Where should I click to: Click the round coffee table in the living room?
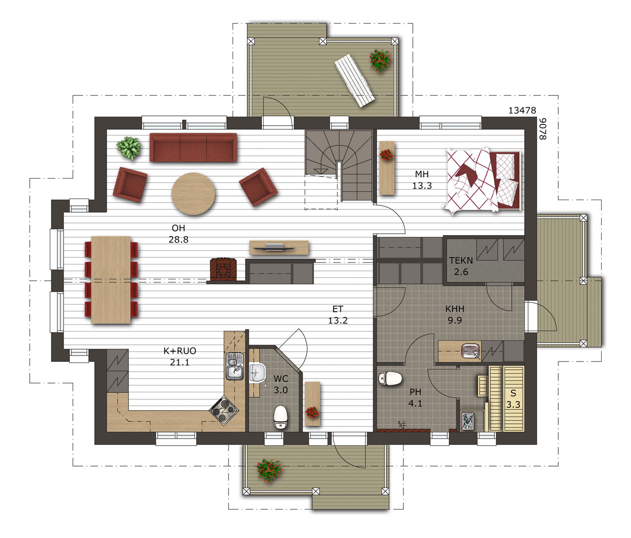click(x=193, y=194)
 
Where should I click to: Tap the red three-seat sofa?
click(x=193, y=147)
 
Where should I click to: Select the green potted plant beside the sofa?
click(x=129, y=148)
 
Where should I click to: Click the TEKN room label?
click(x=461, y=260)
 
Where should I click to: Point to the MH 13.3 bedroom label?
click(x=422, y=180)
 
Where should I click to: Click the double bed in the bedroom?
click(x=483, y=180)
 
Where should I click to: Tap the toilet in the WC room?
click(x=280, y=417)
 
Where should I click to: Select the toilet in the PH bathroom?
click(x=390, y=379)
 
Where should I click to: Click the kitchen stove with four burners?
click(x=224, y=410)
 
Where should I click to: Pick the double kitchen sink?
click(x=235, y=366)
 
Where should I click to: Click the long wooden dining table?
click(x=111, y=280)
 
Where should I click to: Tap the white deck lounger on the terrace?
click(x=355, y=80)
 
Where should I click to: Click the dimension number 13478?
click(x=522, y=111)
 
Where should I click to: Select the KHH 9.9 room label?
click(x=455, y=314)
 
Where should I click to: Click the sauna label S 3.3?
click(x=513, y=399)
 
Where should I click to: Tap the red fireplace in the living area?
click(x=224, y=269)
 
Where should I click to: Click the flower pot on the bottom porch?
click(x=270, y=471)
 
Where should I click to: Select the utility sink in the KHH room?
click(x=471, y=351)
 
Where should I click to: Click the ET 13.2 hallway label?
click(x=338, y=314)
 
